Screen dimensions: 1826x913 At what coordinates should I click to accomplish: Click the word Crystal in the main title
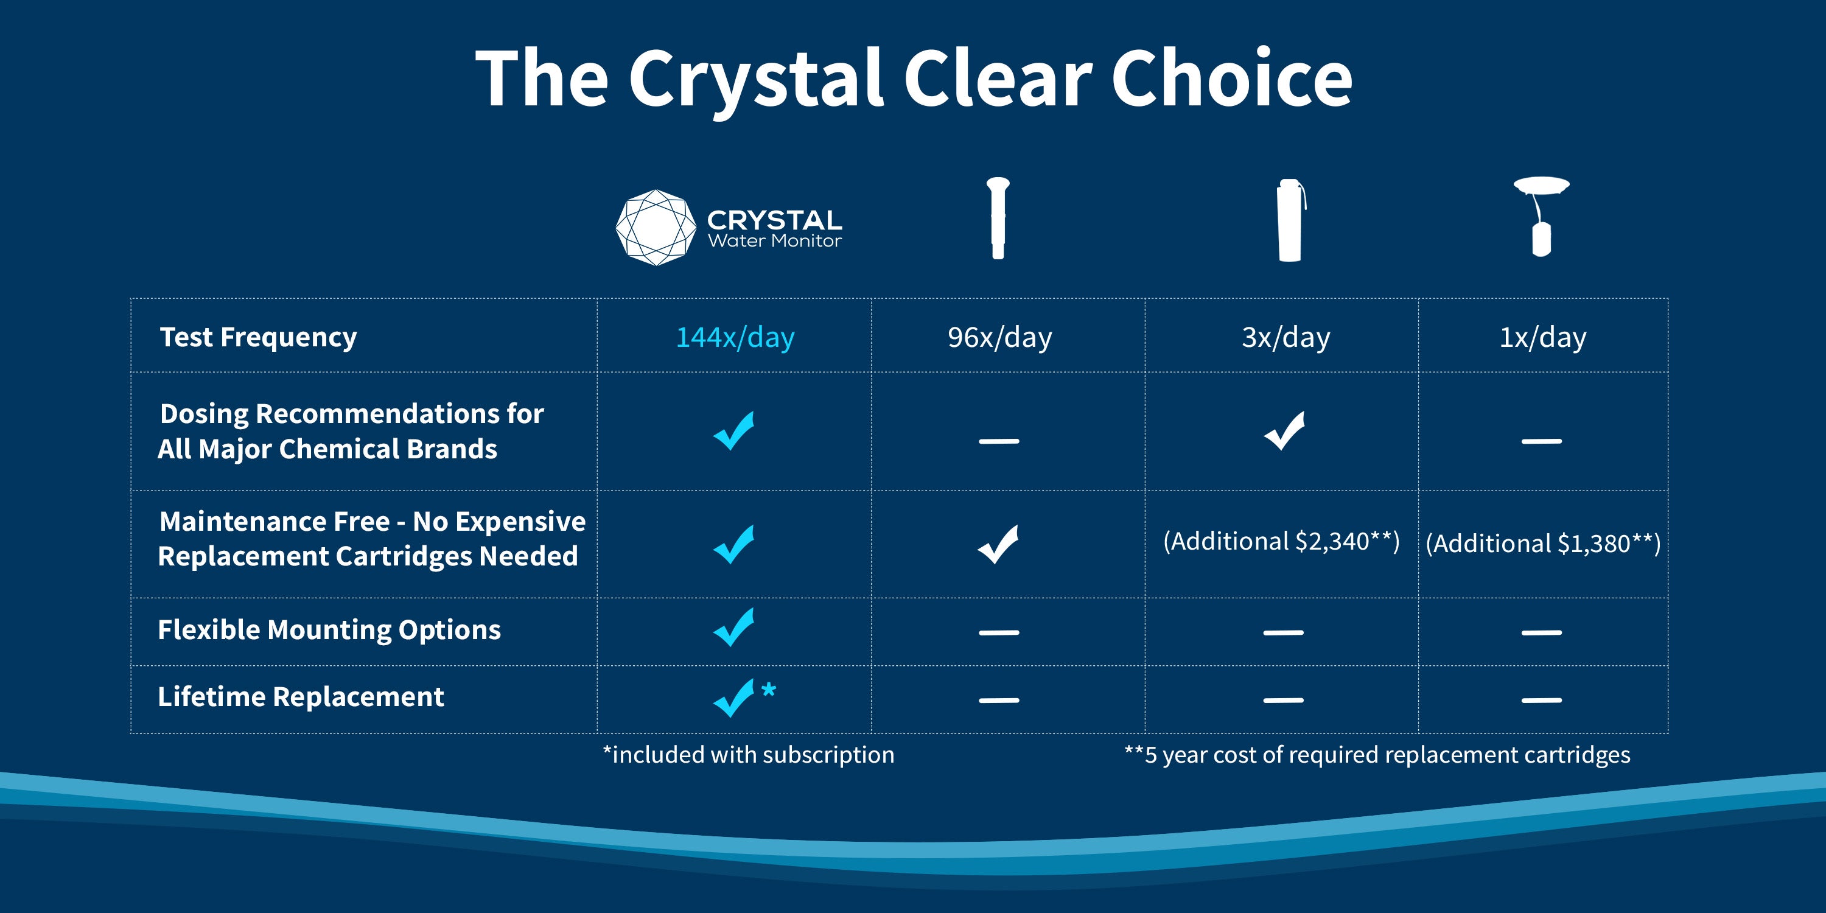click(755, 79)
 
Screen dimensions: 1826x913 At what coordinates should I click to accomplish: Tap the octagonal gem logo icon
click(656, 228)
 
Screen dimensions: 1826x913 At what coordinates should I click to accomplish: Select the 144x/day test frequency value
click(735, 337)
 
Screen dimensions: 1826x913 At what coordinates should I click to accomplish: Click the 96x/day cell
click(999, 337)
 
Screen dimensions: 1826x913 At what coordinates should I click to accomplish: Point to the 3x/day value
click(1286, 337)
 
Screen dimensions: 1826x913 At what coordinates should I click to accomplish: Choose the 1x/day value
click(1542, 337)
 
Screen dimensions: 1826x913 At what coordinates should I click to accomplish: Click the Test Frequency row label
click(259, 337)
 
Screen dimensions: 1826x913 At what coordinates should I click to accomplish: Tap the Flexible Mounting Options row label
click(329, 629)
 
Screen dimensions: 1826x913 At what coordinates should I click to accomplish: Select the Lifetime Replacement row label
click(301, 697)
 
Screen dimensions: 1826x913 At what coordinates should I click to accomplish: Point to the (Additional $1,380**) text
click(1543, 544)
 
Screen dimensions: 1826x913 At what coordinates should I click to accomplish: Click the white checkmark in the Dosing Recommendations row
click(1284, 431)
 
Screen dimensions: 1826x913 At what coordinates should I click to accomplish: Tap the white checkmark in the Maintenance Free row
click(998, 544)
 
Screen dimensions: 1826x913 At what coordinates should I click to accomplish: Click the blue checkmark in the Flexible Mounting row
click(733, 628)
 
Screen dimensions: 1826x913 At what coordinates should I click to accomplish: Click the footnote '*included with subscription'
click(749, 755)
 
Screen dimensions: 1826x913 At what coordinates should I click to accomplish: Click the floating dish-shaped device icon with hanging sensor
click(1541, 215)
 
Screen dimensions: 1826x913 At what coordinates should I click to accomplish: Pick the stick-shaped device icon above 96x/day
click(998, 218)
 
